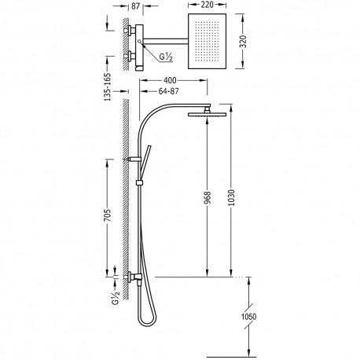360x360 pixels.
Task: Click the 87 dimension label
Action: coord(135,6)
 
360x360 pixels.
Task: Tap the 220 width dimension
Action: coord(207,5)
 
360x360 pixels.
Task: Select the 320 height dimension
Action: coord(244,42)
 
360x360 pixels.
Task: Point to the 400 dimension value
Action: coord(170,80)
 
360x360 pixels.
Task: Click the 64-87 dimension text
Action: coord(169,91)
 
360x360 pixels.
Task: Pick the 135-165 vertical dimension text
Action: coord(108,87)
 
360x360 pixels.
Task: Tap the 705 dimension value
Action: coord(108,215)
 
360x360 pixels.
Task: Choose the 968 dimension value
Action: coord(208,198)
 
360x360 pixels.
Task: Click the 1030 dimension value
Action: coord(231,198)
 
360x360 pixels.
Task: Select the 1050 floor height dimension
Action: coord(248,317)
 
